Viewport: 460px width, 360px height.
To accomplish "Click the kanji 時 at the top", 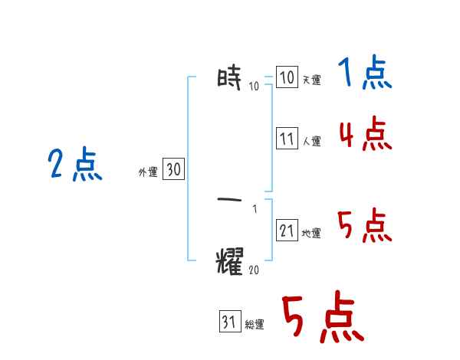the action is click(230, 78).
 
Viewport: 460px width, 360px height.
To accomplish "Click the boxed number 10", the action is click(286, 77).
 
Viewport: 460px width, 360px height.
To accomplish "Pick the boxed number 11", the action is click(286, 139).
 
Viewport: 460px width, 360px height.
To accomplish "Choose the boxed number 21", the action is click(286, 231).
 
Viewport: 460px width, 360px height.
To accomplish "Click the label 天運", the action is click(311, 80).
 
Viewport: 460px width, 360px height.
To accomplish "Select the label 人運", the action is click(311, 141).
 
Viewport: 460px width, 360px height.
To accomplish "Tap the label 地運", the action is click(311, 233).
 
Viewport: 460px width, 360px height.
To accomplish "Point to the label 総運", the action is click(255, 325).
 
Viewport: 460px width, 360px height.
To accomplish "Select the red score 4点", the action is click(365, 135).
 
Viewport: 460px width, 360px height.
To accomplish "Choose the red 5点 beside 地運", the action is click(365, 226).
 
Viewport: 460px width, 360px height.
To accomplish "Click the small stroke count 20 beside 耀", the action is click(255, 270).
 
